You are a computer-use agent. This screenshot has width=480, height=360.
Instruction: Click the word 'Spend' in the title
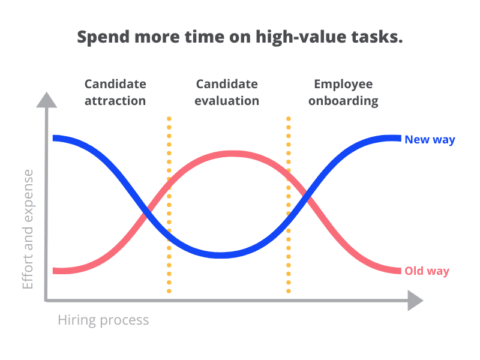click(x=104, y=38)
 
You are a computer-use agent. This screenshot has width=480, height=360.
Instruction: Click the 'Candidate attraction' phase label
click(x=115, y=92)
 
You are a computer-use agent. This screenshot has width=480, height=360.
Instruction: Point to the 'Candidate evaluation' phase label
click(x=227, y=92)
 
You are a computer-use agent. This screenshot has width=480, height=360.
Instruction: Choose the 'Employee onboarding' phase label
click(x=343, y=93)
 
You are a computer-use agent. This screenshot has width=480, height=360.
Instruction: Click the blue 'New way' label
click(x=430, y=140)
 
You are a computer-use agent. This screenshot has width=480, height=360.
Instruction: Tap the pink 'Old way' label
click(x=427, y=271)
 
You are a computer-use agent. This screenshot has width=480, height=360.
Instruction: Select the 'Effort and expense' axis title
click(x=28, y=229)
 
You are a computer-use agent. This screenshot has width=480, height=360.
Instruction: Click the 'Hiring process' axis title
click(x=103, y=320)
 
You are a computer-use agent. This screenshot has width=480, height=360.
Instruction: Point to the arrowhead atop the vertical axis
click(x=47, y=100)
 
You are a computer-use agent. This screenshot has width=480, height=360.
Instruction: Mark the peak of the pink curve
click(x=233, y=154)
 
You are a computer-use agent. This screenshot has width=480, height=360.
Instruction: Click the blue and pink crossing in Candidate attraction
click(x=147, y=211)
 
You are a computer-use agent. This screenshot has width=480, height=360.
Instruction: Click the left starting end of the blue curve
click(x=53, y=138)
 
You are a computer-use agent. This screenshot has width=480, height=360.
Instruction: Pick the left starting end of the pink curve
click(x=53, y=271)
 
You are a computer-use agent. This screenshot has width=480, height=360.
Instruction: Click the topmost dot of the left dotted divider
click(x=169, y=119)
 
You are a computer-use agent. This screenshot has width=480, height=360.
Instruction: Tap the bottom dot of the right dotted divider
click(x=289, y=291)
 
